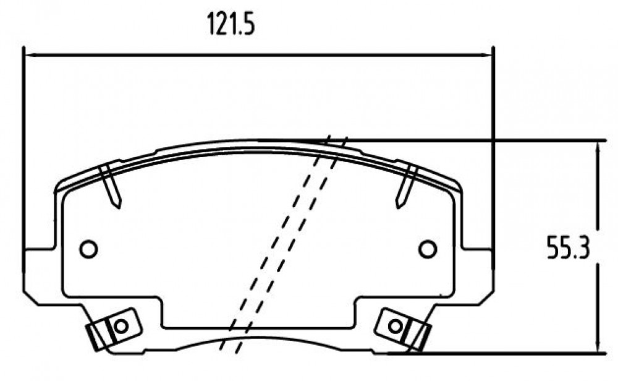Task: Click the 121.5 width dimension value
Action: [x=231, y=24]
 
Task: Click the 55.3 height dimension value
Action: [x=568, y=247]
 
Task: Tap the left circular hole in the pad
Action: [x=88, y=249]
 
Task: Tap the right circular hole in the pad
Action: [x=428, y=249]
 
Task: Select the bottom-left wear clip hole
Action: [x=121, y=326]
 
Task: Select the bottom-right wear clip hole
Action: [x=395, y=326]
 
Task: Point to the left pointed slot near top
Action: [x=111, y=186]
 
